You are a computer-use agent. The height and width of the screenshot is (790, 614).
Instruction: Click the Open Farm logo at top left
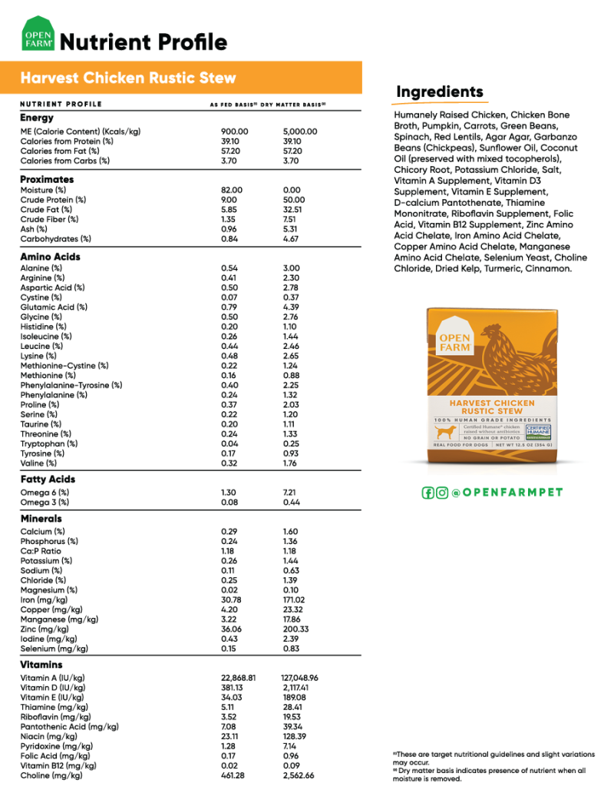coord(38,39)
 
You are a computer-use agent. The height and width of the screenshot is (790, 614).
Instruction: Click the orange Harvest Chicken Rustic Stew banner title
coord(128,78)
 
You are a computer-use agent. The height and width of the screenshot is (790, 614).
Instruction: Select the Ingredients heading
coord(440,93)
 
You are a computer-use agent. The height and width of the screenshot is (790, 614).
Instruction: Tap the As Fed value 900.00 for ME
coord(234,131)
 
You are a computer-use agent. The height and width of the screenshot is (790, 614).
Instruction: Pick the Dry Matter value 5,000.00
coord(300,131)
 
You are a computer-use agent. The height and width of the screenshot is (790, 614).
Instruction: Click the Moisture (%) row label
coord(43,190)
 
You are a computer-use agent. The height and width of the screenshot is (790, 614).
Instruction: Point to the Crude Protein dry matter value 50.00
coord(292,200)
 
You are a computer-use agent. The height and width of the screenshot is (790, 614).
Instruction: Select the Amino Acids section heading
coord(50,257)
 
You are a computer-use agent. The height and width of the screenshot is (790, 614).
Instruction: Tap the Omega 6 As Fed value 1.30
coord(229,492)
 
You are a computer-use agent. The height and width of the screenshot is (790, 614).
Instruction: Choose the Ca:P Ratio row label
coord(41,551)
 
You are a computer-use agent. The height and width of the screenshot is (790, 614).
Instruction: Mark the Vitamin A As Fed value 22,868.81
coord(238,678)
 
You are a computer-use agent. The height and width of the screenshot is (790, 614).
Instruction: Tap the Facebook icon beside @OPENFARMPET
coord(428,493)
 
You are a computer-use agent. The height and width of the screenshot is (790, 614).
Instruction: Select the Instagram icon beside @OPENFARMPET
coord(442,493)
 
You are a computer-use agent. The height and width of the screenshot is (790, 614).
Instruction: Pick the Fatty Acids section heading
coord(48,480)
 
